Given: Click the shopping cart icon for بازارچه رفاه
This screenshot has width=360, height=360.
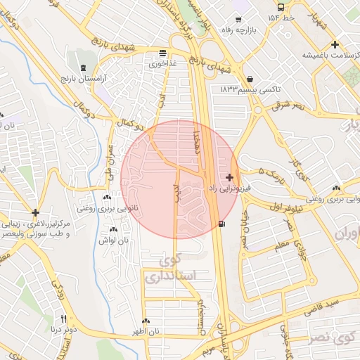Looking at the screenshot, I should (238, 19).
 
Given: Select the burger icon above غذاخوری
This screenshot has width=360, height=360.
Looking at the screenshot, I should (163, 52).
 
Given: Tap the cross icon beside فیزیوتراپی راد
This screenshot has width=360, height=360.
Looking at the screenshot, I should (231, 177).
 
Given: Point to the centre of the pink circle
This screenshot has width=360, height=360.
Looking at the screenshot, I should (180, 179).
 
